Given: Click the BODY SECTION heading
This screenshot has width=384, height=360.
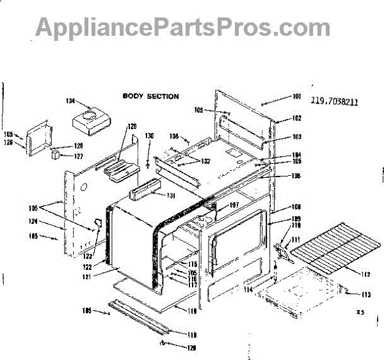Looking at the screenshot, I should click(x=150, y=97).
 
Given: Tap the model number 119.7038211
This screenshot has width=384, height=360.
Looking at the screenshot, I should click(x=333, y=100).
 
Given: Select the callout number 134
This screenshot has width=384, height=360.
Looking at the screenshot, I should click(x=70, y=101).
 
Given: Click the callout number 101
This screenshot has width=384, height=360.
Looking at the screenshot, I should click(x=296, y=97).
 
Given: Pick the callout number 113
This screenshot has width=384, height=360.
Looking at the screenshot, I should click(x=366, y=295).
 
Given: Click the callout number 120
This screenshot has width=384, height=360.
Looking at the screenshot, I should click(x=174, y=348).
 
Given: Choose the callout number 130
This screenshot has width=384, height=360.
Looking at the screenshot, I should click(x=149, y=136).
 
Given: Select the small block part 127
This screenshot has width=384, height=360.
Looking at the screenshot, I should click(x=56, y=154).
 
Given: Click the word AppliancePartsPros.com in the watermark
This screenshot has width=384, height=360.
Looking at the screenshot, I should click(x=182, y=27).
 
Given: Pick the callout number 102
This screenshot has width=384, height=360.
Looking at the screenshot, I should click(x=296, y=118).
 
